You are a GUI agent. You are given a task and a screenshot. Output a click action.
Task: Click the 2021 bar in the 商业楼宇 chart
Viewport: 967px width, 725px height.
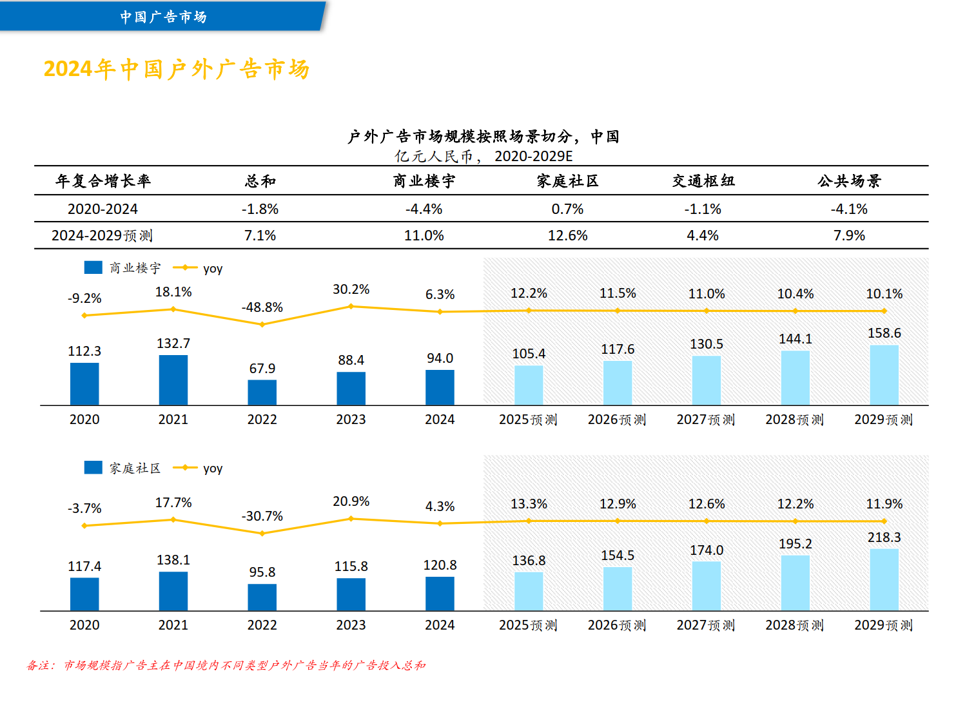(x=173, y=380)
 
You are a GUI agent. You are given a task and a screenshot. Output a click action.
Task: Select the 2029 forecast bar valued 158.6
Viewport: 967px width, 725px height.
(x=884, y=375)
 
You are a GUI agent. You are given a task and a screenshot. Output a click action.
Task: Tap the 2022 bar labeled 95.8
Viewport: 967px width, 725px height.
(x=262, y=597)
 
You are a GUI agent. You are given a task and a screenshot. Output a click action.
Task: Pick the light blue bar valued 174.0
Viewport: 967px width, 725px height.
(x=707, y=586)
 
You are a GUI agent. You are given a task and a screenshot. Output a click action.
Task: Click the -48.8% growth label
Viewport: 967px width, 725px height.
(x=262, y=307)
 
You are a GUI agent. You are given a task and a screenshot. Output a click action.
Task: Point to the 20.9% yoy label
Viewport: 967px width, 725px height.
(x=351, y=501)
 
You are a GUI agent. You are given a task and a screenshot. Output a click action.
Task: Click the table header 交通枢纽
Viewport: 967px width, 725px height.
(x=703, y=181)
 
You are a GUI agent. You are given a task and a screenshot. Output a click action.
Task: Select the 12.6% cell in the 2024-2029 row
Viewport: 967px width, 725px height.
(x=568, y=236)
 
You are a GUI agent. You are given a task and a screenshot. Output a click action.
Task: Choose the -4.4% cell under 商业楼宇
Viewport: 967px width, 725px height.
(x=424, y=209)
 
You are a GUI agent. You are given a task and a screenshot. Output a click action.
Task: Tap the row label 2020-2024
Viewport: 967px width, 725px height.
(x=103, y=209)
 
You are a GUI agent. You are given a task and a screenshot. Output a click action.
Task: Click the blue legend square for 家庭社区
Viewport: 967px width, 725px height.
(x=93, y=467)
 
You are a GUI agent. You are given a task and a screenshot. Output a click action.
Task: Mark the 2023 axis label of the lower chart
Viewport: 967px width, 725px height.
(x=351, y=625)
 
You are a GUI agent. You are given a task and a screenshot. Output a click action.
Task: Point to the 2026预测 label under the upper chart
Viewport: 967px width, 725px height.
(x=617, y=420)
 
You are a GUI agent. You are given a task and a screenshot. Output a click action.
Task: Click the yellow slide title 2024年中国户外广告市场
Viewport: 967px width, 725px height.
(x=177, y=69)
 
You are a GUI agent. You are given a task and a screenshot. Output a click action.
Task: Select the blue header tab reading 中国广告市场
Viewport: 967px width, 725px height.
(x=163, y=17)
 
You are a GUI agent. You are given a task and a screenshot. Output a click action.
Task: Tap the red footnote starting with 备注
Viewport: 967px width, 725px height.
(x=226, y=665)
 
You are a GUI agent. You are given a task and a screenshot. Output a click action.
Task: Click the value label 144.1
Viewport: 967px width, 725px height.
(x=796, y=339)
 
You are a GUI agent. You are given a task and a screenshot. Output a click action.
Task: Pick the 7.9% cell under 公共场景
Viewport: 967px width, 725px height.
(x=849, y=236)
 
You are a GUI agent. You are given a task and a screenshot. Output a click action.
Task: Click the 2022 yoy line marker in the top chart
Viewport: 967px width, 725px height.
(x=262, y=324)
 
